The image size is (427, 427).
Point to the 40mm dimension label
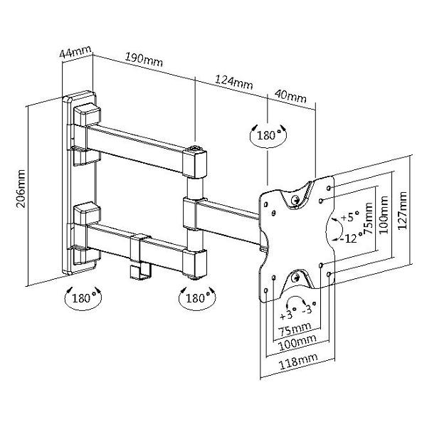pos(291,95)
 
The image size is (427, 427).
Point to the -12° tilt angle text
pos(349,238)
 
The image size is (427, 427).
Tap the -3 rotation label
pos(308,311)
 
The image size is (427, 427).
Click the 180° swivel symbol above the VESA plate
pos(267,135)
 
